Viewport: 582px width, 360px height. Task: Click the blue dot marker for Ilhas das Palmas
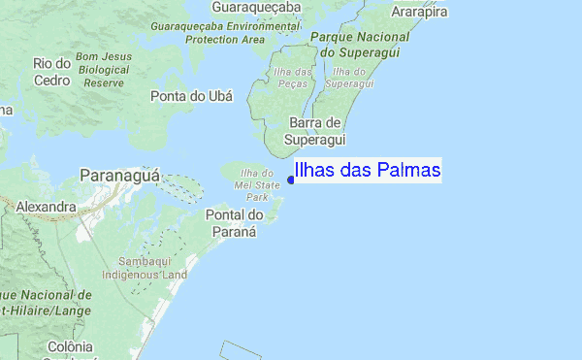coord(291,179)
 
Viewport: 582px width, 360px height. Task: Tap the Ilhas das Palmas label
coord(368,171)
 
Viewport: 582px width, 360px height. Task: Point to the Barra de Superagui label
coord(314,131)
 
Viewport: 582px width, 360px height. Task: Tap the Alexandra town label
coord(46,207)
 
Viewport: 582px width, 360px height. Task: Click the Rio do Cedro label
coord(53,71)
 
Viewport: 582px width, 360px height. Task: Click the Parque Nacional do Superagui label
coord(347,44)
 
